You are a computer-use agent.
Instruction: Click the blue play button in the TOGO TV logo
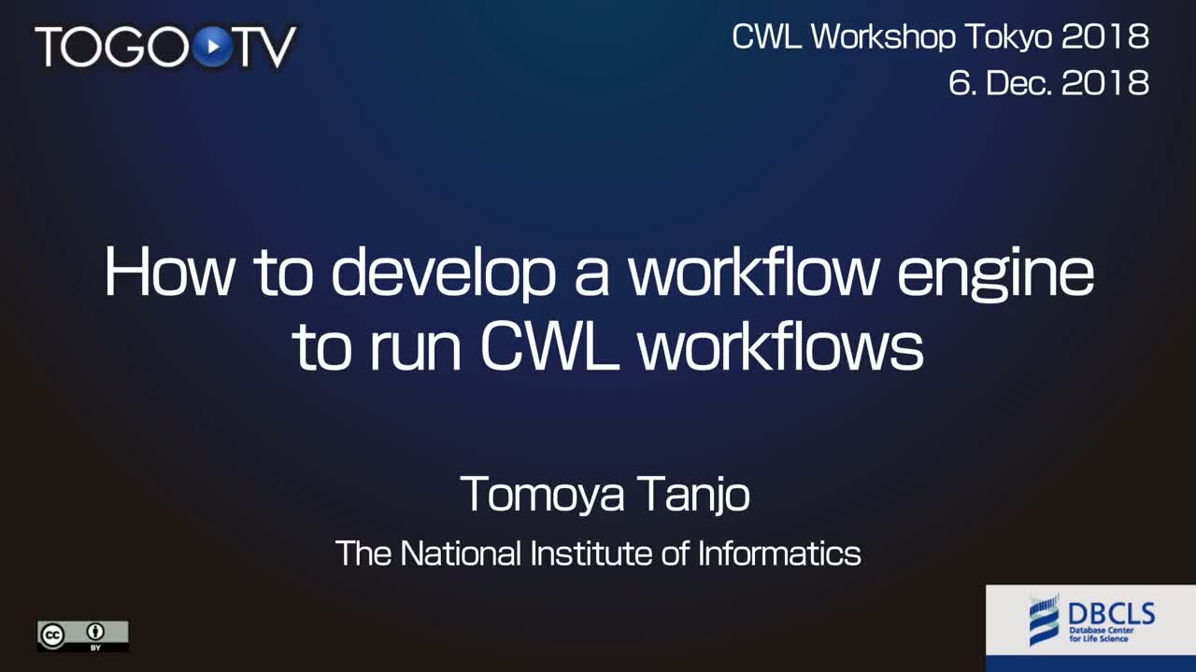pyautogui.click(x=213, y=47)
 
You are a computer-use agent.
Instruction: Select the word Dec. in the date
pyautogui.click(x=1018, y=84)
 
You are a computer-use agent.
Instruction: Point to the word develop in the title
pyautogui.click(x=443, y=273)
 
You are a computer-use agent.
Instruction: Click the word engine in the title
pyautogui.click(x=995, y=274)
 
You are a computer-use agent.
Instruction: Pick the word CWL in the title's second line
pyautogui.click(x=549, y=347)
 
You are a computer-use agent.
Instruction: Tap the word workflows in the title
pyautogui.click(x=780, y=345)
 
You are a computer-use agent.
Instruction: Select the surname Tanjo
pyautogui.click(x=693, y=495)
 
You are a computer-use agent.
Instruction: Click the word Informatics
pyautogui.click(x=779, y=553)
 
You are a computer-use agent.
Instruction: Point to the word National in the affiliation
pyautogui.click(x=461, y=553)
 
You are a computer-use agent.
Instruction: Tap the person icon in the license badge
pyautogui.click(x=95, y=632)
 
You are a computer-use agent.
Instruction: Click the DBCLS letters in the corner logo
pyautogui.click(x=1112, y=614)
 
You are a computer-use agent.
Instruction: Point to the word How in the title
pyautogui.click(x=169, y=272)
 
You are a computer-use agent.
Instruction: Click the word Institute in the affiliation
pyautogui.click(x=590, y=553)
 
